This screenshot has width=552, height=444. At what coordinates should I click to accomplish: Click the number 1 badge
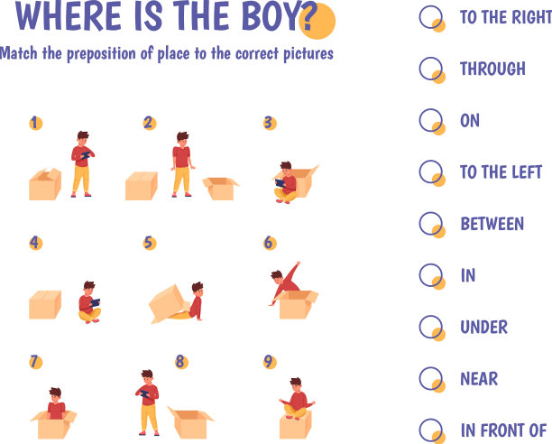pyautogui.click(x=35, y=124)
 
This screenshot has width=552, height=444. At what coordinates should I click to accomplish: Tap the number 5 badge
pyautogui.click(x=150, y=243)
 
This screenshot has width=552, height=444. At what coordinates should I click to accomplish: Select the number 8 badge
pyautogui.click(x=181, y=362)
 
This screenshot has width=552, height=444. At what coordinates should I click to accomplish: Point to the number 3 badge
pyautogui.click(x=270, y=124)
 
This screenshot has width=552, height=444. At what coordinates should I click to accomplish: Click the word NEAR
pyautogui.click(x=479, y=379)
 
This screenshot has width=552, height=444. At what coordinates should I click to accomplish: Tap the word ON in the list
pyautogui.click(x=470, y=120)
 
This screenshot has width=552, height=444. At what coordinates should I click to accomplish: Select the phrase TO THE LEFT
pyautogui.click(x=501, y=172)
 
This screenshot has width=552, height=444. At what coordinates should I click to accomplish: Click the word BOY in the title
pyautogui.click(x=271, y=16)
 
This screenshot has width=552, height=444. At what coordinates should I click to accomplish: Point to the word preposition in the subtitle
pyautogui.click(x=101, y=54)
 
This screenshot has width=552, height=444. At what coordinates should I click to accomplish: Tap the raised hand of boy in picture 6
pyautogui.click(x=299, y=263)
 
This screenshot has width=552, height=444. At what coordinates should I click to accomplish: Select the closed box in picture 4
pyautogui.click(x=45, y=304)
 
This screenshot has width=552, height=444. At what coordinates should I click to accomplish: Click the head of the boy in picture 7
pyautogui.click(x=55, y=394)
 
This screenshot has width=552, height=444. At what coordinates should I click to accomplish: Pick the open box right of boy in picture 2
pyautogui.click(x=221, y=189)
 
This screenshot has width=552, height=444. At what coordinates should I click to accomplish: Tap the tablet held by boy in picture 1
pyautogui.click(x=86, y=155)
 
